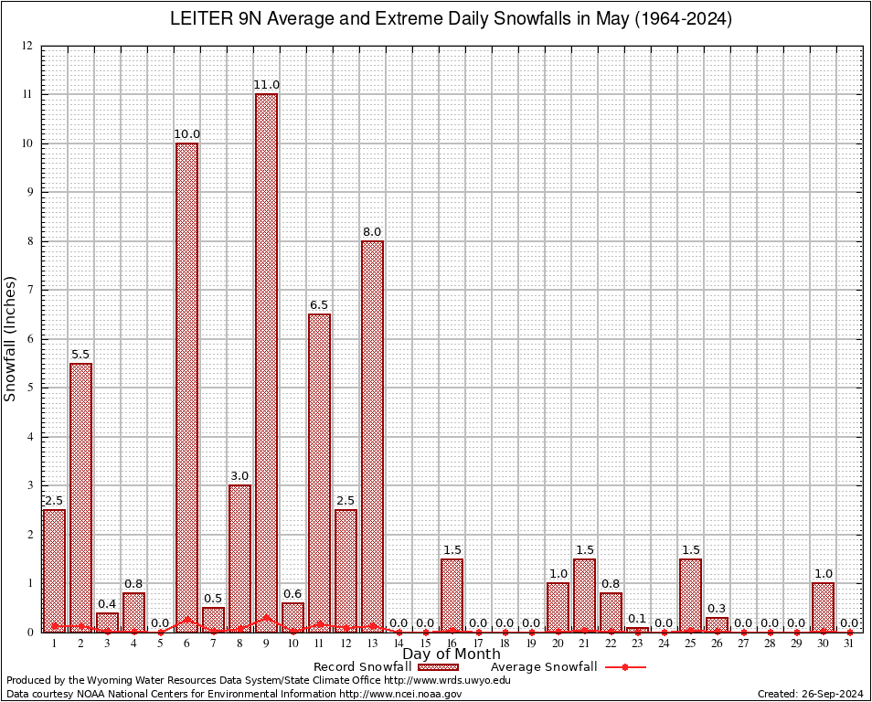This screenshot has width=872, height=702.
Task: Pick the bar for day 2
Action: (x=80, y=497)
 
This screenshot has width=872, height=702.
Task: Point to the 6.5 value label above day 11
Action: (x=319, y=304)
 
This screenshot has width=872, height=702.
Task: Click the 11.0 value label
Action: (x=266, y=85)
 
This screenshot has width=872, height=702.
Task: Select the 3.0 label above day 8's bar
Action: (x=239, y=476)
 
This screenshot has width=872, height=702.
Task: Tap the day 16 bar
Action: (x=452, y=595)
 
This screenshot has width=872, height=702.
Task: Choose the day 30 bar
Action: (x=823, y=607)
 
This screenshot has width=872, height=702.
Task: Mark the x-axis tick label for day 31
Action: (x=849, y=643)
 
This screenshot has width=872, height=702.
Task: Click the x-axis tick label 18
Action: (x=505, y=643)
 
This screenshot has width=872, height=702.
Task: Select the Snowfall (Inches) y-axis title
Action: (x=11, y=338)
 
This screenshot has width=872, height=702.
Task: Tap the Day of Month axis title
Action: (x=451, y=654)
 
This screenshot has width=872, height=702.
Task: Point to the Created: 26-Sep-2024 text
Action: (x=810, y=694)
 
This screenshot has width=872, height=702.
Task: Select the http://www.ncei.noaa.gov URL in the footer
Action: (x=399, y=694)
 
